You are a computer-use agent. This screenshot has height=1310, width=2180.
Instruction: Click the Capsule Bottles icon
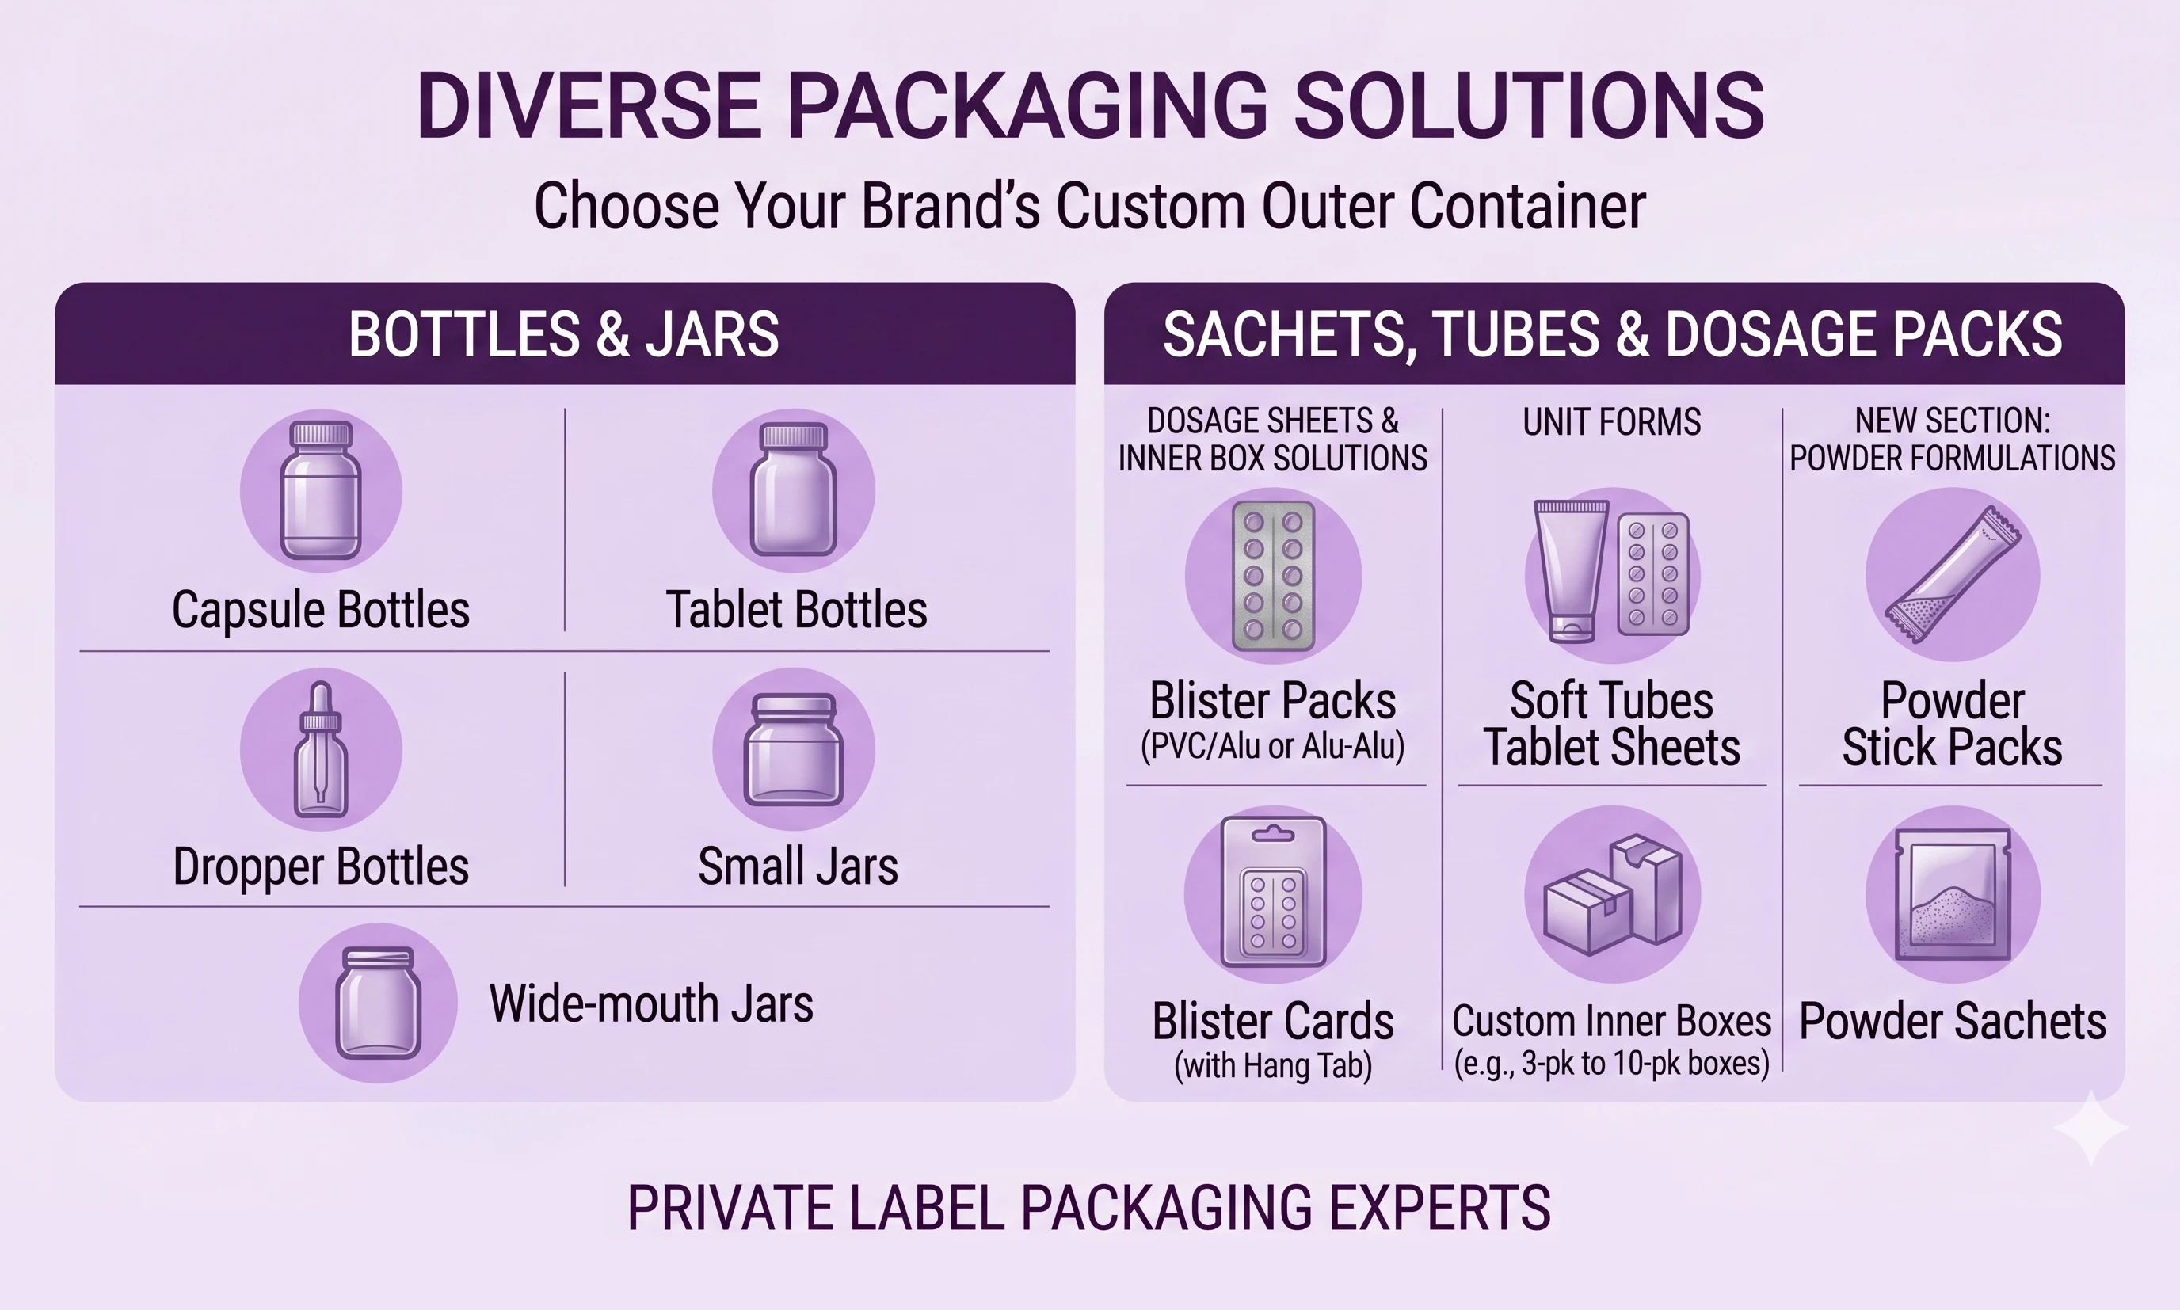321,491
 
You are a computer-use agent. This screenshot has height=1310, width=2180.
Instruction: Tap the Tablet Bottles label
796,609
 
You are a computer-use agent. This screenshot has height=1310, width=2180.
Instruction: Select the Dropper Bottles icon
321,748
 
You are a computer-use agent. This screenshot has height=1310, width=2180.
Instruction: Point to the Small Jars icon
794,748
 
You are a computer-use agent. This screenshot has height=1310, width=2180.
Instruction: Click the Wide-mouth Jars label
650,1003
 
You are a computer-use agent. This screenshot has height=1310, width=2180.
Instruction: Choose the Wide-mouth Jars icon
378,1003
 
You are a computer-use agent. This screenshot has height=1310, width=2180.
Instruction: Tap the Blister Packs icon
1273,576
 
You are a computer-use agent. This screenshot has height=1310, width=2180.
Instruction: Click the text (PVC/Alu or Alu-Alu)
1272,746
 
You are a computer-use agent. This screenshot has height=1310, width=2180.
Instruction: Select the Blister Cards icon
1273,894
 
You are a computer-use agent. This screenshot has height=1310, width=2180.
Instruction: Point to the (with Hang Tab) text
1273,1065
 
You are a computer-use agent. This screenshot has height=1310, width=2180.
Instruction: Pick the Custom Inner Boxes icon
1613,894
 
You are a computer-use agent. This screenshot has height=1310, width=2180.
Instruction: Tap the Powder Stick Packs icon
1953,576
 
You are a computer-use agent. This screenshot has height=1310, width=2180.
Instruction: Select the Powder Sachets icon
1953,894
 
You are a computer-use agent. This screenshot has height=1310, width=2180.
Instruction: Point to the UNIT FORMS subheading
1611,422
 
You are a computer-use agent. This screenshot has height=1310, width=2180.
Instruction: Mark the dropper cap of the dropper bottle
321,706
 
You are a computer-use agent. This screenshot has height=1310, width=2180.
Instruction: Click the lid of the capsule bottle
322,433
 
